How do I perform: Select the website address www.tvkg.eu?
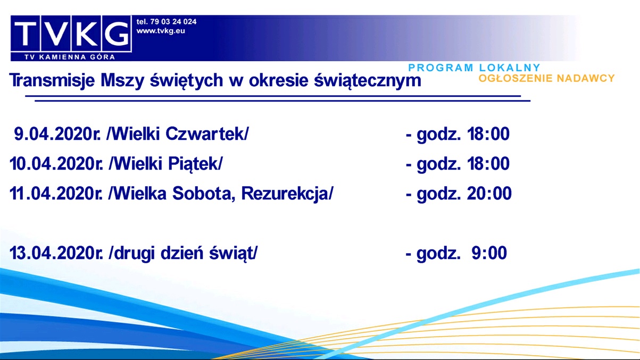click(x=161, y=31)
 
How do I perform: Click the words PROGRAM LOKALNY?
click(x=474, y=68)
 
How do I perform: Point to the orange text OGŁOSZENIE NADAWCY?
click(x=546, y=78)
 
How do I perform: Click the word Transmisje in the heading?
click(x=51, y=81)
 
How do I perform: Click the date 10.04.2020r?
click(x=56, y=164)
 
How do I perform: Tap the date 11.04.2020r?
click(x=56, y=193)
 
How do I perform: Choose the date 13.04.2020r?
click(x=56, y=254)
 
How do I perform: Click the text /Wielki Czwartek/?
click(x=178, y=135)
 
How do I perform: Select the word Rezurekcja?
click(x=287, y=193)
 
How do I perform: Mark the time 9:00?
click(x=489, y=254)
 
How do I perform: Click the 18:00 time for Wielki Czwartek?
click(x=488, y=135)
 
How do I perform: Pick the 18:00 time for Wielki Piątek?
click(x=488, y=164)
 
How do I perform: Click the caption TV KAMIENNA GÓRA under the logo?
click(x=70, y=56)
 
